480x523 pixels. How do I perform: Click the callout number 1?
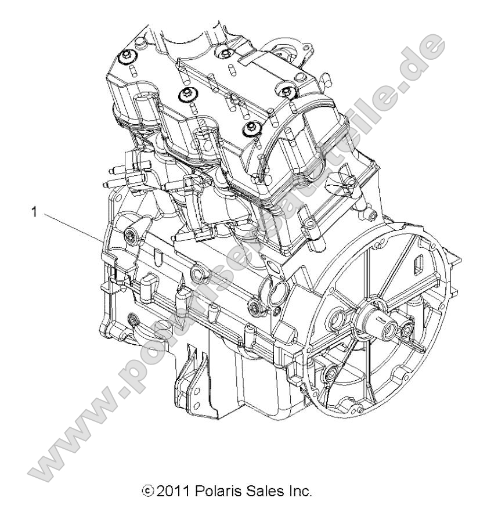pos(35,213)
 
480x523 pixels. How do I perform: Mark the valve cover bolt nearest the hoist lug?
pos(223,54)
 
